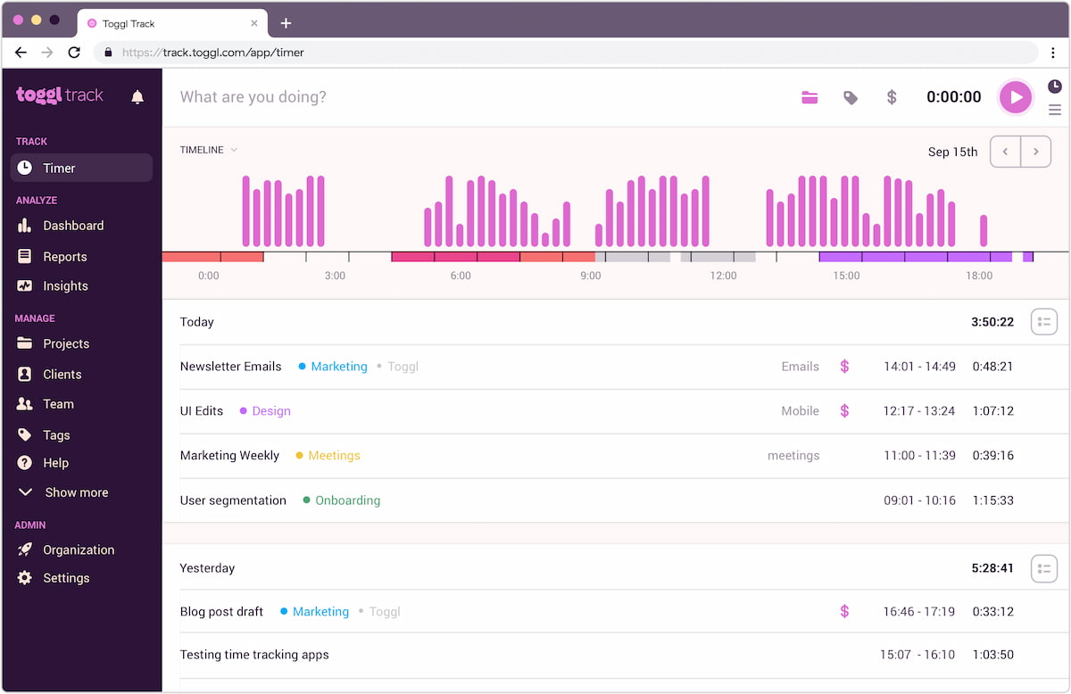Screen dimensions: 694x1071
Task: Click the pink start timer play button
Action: (1015, 97)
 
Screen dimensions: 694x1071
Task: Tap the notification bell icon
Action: (137, 97)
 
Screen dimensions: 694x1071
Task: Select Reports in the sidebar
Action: (64, 257)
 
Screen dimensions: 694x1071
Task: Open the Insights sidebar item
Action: (65, 286)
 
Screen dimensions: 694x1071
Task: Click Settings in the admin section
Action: (66, 578)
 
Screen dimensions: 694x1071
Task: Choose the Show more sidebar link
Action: (76, 492)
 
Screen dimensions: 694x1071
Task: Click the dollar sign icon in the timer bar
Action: (891, 97)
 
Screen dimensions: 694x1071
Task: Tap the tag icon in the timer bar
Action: (851, 97)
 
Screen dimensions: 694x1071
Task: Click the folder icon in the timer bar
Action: (809, 97)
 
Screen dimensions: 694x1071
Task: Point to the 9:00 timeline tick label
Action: (591, 276)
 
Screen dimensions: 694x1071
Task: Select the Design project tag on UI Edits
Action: (271, 411)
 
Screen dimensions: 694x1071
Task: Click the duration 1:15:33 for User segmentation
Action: (993, 500)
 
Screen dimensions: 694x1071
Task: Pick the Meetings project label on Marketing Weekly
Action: (334, 456)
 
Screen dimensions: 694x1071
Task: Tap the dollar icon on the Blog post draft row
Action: (844, 612)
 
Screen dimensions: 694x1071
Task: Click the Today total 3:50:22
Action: (992, 322)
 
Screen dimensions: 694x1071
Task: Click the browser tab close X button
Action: (254, 24)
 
